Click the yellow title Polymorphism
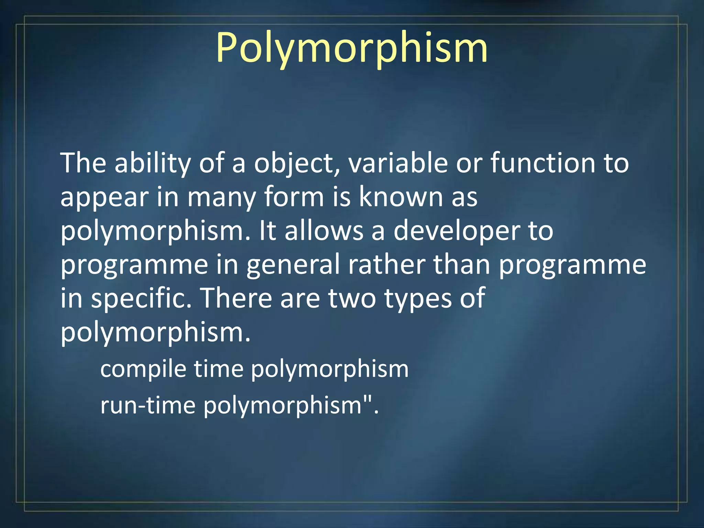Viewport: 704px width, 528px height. click(x=351, y=48)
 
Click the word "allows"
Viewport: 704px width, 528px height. click(x=324, y=231)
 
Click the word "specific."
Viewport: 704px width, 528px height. click(x=141, y=298)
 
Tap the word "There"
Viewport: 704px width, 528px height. click(x=235, y=298)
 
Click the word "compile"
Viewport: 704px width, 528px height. click(x=143, y=369)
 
